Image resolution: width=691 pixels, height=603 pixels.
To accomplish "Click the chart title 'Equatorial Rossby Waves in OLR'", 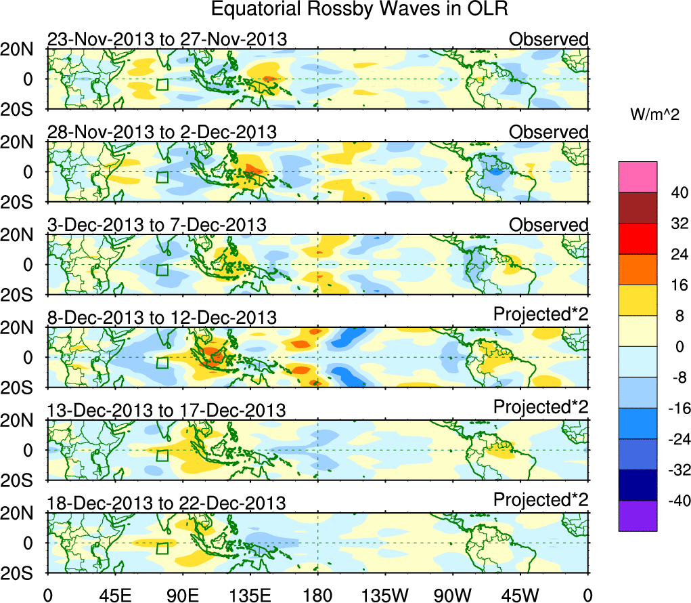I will tap(359, 9).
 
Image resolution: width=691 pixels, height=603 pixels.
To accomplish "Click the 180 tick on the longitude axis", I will tap(317, 595).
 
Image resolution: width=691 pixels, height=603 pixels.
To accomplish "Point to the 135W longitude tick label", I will tap(385, 595).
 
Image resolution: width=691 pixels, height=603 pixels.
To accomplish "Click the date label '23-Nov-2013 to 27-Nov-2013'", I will tap(167, 39).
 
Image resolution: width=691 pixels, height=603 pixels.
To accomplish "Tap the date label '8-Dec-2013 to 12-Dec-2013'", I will tap(162, 317).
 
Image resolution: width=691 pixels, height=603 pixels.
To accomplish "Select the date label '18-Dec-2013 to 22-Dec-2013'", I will tap(166, 503).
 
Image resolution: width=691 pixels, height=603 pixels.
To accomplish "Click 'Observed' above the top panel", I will tap(549, 39).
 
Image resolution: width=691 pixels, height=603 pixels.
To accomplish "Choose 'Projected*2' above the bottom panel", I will tap(541, 500).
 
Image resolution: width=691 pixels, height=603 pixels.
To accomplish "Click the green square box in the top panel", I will tap(162, 85).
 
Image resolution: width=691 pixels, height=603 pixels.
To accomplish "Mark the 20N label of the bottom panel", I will tap(22, 513).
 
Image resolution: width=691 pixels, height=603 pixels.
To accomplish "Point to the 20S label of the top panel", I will tap(22, 108).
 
